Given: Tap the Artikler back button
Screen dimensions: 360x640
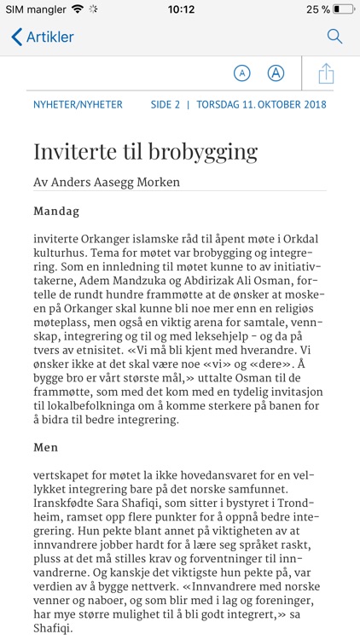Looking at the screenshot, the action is tap(43, 37).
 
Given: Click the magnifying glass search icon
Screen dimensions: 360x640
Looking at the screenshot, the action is tap(334, 37).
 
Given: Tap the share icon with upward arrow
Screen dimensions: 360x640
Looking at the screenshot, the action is tap(326, 73).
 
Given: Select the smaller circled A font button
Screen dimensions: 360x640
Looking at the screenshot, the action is tap(242, 73).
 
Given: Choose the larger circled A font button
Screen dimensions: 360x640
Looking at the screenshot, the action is tap(276, 73).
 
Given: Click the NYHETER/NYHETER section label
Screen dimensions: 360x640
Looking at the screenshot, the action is tap(78, 105).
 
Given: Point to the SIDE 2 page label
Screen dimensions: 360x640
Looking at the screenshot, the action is tap(165, 105).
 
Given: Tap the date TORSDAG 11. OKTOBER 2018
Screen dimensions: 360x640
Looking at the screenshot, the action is tap(261, 105).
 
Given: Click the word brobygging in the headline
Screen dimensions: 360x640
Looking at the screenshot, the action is tap(203, 152).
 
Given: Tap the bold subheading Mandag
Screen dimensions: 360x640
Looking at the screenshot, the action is tap(56, 211).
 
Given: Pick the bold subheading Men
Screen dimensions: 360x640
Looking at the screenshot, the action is tap(46, 447).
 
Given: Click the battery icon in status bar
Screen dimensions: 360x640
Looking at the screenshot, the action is tap(344, 9).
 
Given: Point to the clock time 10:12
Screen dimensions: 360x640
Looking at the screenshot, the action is tap(181, 9).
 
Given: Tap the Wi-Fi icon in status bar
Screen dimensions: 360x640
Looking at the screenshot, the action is tap(78, 9).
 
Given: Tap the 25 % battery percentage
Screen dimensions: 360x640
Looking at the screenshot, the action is tap(319, 9).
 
